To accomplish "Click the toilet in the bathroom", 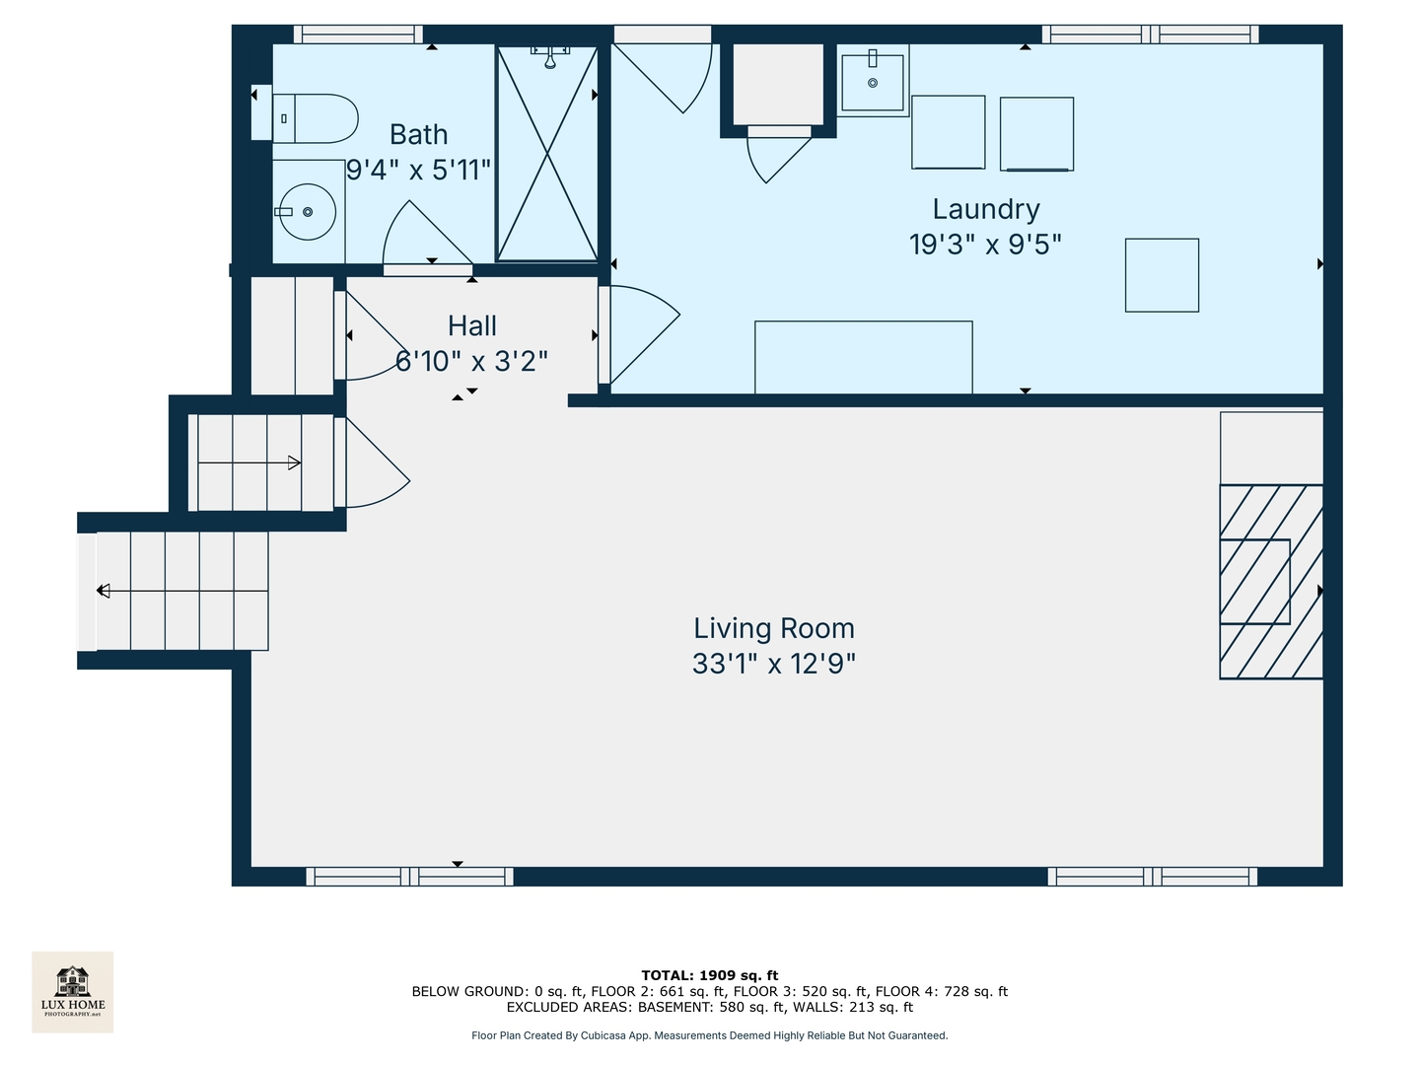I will (314, 119).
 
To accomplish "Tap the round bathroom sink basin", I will (308, 212).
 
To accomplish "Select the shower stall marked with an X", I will (546, 154).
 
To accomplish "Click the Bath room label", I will (418, 134).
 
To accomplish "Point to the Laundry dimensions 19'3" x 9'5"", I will (985, 244).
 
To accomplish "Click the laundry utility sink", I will (873, 82).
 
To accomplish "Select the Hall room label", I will (471, 325).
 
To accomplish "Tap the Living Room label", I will (773, 628).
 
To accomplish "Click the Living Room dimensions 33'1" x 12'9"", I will (773, 664).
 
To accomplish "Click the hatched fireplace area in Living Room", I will (1271, 582).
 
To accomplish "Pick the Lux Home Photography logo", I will (73, 992).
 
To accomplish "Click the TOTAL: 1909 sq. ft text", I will (709, 975).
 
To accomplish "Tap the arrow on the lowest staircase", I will (104, 591).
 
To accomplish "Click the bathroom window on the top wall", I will (358, 35).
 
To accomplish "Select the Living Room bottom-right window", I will (1152, 876).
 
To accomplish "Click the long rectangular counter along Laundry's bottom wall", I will (863, 357).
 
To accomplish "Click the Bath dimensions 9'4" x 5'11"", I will (418, 170).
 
